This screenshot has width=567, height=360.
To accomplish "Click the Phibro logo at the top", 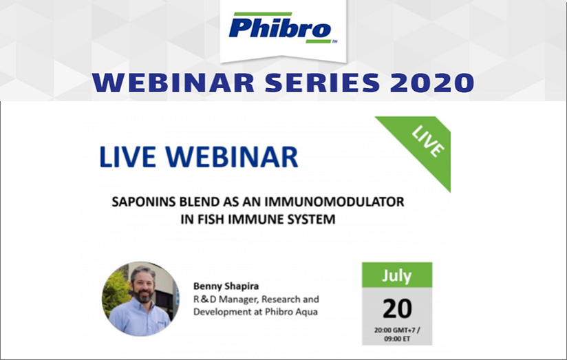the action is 283,28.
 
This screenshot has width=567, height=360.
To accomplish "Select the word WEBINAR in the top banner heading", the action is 173,83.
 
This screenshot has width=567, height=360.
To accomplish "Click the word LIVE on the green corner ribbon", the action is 428,141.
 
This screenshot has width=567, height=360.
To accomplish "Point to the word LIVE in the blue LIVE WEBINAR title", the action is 127,157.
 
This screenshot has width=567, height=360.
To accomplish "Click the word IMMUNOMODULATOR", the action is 334,202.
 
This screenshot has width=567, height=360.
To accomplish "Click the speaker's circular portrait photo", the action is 140,299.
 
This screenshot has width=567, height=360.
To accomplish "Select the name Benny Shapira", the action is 226,286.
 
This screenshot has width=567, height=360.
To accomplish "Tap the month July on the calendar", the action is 396,276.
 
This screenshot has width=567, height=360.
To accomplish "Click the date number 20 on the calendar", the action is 397,308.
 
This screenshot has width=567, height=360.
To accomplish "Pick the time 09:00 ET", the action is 397,339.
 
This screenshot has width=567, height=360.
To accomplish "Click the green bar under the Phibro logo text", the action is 318,41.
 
